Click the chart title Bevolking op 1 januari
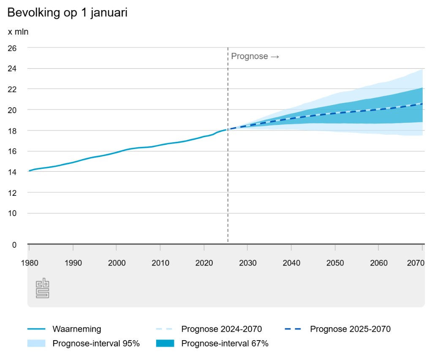tap(67, 13)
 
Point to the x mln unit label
tap(18, 32)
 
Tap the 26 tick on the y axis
tap(12, 48)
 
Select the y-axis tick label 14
tap(12, 172)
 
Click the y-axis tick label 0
tap(14, 245)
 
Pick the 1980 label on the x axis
tap(30, 263)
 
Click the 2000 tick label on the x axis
tap(117, 263)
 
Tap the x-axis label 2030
tap(248, 263)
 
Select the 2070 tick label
tap(416, 263)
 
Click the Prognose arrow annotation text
tap(255, 57)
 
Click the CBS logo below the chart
tap(42, 288)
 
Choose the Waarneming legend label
tap(77, 329)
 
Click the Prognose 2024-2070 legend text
tap(221, 329)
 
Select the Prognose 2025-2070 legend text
tap(350, 329)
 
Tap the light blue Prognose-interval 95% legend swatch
tap(36, 344)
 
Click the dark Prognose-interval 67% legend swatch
tap(165, 344)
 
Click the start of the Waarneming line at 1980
tap(29, 171)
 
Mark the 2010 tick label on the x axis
tap(160, 263)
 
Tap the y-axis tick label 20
tap(12, 110)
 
